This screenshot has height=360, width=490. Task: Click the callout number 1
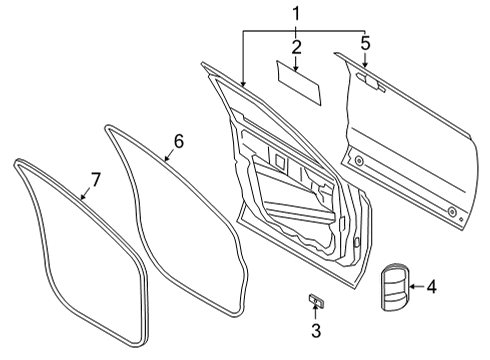pos(295,13)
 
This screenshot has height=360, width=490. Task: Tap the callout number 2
pos(296,46)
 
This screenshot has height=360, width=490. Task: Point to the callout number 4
pos(431,287)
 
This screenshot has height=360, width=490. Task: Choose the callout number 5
pos(366,44)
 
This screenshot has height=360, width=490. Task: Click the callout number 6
pos(179,141)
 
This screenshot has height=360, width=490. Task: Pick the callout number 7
pos(95,179)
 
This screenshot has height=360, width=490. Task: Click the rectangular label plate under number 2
pos(299,84)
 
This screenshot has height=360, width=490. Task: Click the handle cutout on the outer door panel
pos(374,84)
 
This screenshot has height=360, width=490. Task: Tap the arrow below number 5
pos(366,61)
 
